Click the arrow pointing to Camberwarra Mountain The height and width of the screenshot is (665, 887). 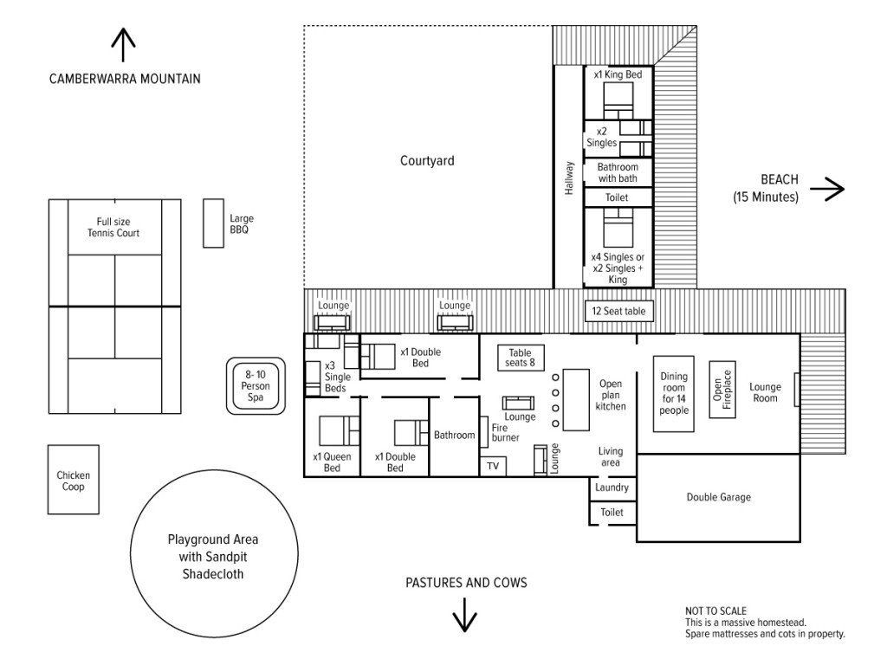point(123,45)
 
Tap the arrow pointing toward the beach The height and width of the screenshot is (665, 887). point(827,189)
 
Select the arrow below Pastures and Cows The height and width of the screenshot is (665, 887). point(465,615)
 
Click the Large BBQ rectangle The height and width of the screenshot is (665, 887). point(213,223)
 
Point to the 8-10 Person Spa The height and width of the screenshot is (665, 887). point(256,385)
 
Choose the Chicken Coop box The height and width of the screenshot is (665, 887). point(74,480)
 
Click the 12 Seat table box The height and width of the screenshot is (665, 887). point(618,311)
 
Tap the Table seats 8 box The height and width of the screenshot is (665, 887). point(521,358)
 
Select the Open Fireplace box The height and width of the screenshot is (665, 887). point(722,390)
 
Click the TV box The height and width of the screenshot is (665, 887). point(493,467)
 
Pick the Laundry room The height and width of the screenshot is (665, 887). point(612,488)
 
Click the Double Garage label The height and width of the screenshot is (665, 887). point(718,497)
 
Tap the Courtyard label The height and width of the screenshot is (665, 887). point(427,160)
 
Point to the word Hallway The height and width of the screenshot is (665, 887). point(569,178)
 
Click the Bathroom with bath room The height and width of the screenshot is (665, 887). point(618,172)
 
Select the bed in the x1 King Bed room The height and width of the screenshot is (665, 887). point(618,100)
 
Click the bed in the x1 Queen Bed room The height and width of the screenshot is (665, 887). point(339,431)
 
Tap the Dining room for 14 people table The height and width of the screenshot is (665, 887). point(674,394)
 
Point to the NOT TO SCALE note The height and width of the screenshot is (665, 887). point(715,610)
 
